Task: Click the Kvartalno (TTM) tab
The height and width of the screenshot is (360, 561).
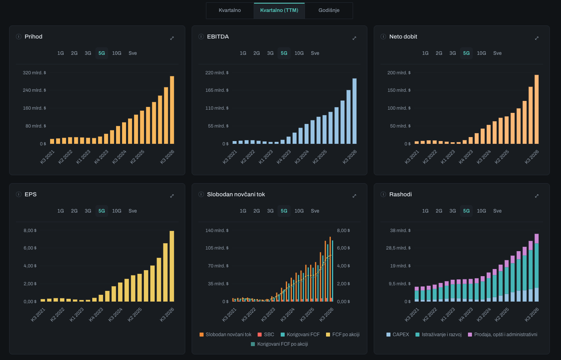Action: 279,10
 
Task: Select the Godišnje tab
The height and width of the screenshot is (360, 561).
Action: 329,10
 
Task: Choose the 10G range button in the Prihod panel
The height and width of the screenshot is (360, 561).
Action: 116,53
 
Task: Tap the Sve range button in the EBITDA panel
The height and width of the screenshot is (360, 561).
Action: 315,53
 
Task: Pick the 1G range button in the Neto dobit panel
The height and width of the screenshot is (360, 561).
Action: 425,53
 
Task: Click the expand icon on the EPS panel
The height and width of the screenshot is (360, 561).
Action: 172,196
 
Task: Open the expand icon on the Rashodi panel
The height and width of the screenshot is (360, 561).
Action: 536,196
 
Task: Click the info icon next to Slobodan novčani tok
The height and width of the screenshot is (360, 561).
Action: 201,194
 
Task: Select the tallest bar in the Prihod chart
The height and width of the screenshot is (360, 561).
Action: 172,110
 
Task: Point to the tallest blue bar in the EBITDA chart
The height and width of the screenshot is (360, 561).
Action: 354,111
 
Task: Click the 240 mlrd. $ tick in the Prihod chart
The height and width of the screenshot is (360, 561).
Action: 34,90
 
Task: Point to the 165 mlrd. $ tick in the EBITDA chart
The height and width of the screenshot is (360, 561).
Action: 217,90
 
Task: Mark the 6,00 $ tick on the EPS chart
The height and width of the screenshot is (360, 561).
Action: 30,248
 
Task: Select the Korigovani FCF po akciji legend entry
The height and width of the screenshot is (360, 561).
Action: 280,344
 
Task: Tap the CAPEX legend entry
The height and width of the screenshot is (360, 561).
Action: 398,335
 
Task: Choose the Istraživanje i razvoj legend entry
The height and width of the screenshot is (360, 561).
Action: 438,335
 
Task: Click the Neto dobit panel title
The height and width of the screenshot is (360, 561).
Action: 403,37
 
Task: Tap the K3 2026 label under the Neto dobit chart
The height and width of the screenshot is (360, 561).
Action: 532,157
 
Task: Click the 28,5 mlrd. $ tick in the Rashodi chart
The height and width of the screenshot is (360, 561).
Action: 398,248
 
